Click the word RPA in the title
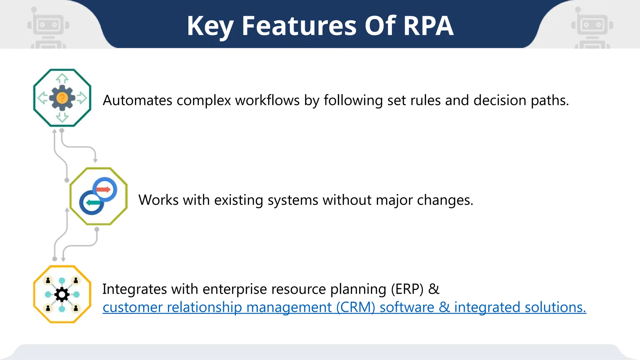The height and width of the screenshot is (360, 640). point(428,26)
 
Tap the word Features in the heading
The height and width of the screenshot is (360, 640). point(299,26)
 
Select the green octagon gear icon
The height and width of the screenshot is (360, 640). point(62,98)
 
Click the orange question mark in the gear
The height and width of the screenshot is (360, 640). point(62,98)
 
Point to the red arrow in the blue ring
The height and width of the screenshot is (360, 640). point(103,189)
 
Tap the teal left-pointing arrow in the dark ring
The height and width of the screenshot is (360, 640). point(93,202)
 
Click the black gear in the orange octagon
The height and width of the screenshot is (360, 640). point(62,294)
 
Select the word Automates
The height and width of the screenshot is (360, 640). point(137,101)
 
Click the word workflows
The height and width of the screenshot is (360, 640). point(267,101)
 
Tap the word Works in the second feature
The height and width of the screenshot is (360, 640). point(158,200)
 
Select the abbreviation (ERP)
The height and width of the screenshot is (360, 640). point(407,289)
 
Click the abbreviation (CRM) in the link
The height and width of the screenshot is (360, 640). point(356,307)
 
